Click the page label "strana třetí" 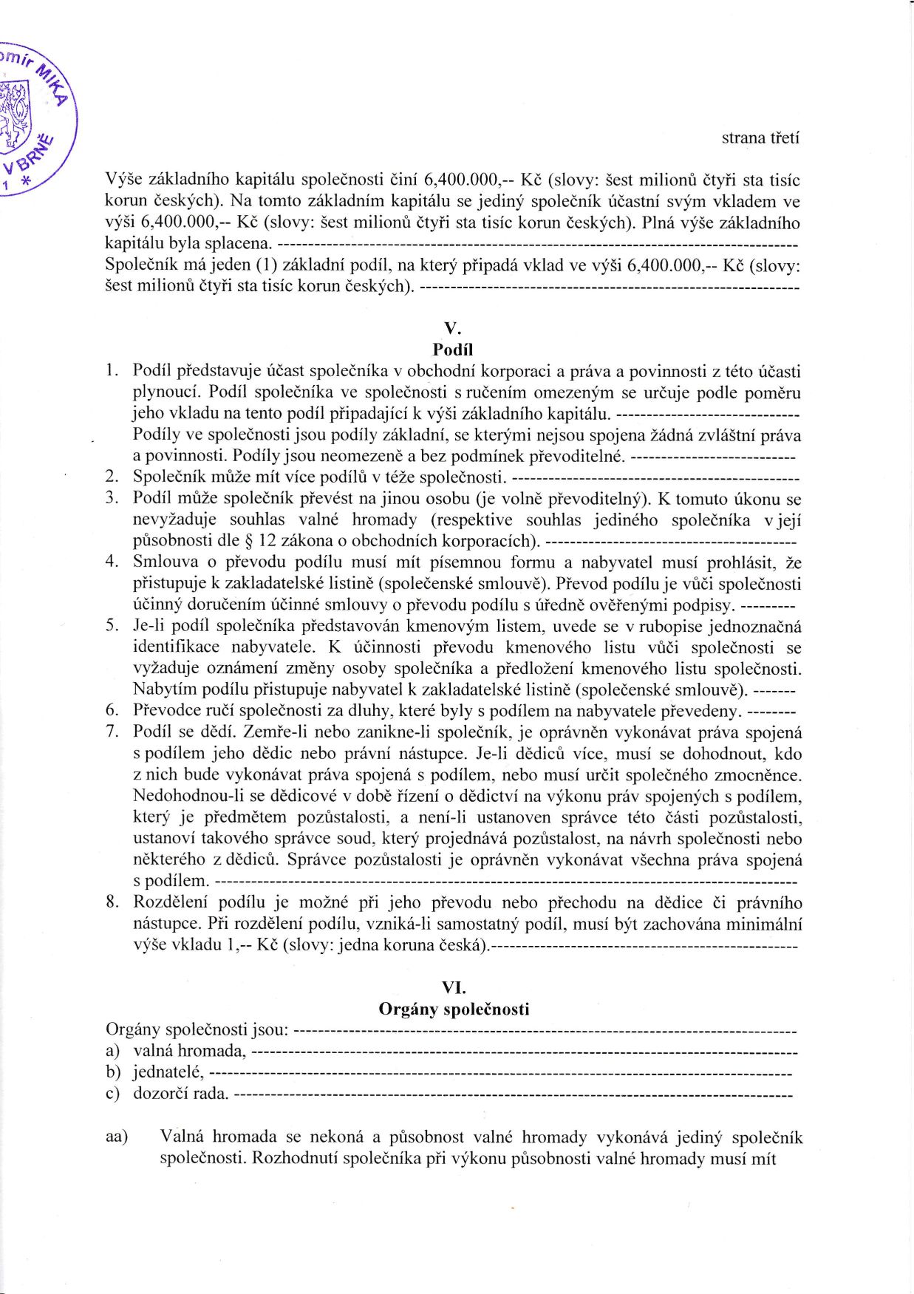coord(760,137)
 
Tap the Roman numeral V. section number coord(453,328)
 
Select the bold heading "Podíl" coord(453,350)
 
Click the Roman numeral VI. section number coord(453,987)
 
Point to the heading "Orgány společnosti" coord(454,1009)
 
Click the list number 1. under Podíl coord(112,370)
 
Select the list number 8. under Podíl coord(112,902)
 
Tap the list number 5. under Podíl coord(112,626)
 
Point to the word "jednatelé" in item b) coord(168,1072)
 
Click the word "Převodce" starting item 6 coord(166,711)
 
